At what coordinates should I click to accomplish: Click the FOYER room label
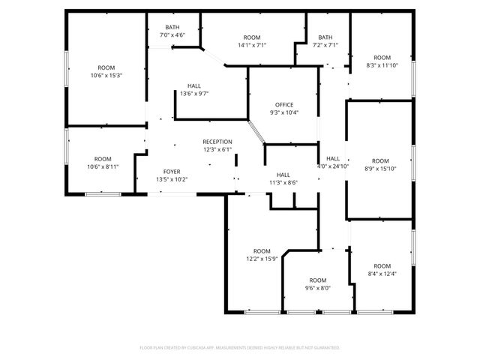tap(172, 172)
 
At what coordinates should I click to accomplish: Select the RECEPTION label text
tap(217, 142)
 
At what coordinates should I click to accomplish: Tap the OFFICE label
tap(284, 105)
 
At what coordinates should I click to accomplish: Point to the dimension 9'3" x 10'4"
tap(284, 113)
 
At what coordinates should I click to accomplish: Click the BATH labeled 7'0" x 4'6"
tap(172, 31)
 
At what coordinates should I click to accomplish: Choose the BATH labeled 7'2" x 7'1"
tap(325, 41)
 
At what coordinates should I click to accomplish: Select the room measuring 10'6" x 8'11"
tap(103, 163)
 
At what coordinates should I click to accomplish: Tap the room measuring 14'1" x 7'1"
tap(252, 41)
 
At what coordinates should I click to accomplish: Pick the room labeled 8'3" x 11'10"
tap(382, 61)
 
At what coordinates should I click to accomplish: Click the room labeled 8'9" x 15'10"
tap(381, 164)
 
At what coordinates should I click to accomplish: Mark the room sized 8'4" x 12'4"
tap(382, 270)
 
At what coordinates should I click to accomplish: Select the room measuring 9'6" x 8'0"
tap(318, 283)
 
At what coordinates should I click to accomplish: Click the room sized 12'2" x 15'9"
tap(262, 255)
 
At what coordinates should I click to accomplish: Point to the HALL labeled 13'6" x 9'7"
tap(194, 90)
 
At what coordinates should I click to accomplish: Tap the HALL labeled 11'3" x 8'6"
tap(283, 178)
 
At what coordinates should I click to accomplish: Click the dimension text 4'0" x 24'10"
tap(333, 166)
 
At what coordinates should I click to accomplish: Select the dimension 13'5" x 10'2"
tap(172, 180)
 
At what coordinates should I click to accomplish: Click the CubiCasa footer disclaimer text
tap(240, 348)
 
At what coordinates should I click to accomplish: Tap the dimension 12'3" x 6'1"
tap(217, 150)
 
